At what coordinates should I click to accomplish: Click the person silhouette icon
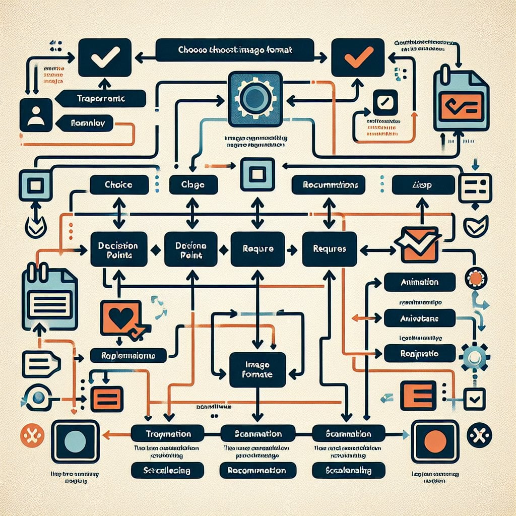coord(36,115)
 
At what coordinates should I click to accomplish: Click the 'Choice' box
coord(119,185)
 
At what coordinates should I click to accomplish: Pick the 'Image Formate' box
coord(257,369)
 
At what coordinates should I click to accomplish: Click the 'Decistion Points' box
coord(119,249)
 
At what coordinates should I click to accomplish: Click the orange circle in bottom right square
coord(435,441)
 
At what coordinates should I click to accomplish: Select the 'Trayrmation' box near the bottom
coord(167,433)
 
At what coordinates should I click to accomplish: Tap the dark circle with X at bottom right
coord(479,434)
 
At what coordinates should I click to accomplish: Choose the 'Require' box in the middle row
coord(257,249)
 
